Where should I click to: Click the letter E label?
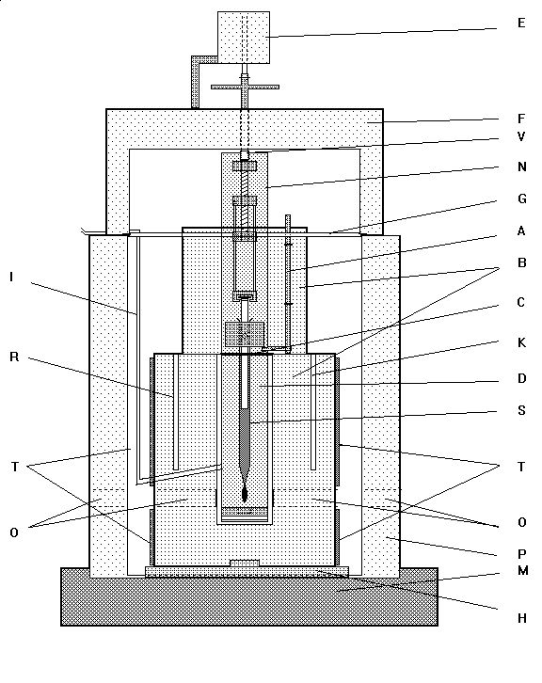521,23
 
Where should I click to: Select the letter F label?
521,119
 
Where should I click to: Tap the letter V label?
521,136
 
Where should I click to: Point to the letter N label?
521,167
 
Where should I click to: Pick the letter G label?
521,199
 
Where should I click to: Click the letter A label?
521,230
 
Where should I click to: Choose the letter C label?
521,302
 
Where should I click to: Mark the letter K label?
521,342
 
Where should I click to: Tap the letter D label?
521,378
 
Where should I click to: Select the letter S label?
521,410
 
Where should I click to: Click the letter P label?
521,554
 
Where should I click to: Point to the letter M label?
523,571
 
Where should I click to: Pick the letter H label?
522,618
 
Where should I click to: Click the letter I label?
11,277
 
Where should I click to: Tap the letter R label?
14,357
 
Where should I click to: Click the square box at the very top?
244,38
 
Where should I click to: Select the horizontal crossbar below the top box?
245,87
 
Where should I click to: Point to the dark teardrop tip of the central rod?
245,494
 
